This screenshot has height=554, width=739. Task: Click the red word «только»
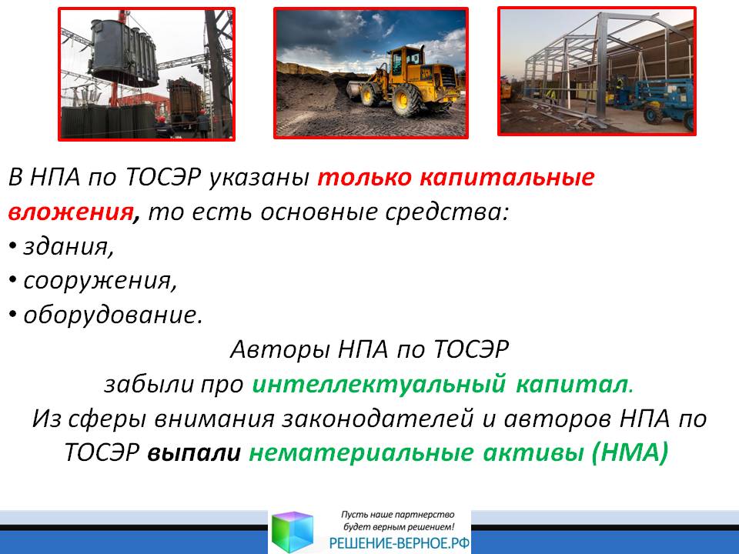click(364, 178)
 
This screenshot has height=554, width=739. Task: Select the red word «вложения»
click(71, 212)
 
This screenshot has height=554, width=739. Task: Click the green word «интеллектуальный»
click(379, 384)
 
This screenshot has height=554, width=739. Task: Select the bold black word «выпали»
click(194, 452)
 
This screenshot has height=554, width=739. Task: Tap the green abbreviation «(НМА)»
click(630, 452)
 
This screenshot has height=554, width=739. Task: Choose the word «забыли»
click(149, 384)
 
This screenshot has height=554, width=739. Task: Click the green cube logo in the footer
click(293, 532)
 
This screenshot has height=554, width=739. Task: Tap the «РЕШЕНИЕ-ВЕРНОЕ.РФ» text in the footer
click(400, 543)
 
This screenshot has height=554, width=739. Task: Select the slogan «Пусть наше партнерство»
click(397, 515)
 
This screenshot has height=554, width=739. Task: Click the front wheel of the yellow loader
click(406, 100)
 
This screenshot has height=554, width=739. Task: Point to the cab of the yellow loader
click(406, 60)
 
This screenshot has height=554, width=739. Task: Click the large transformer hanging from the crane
click(124, 53)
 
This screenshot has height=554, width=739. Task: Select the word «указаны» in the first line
click(259, 178)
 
